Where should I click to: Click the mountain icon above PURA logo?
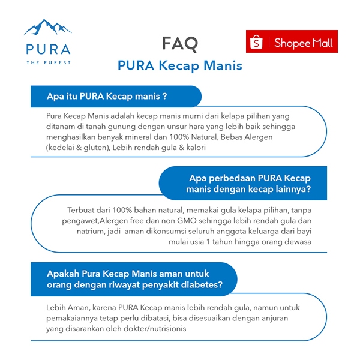pos(47,28)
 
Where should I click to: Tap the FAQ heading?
pos(179,43)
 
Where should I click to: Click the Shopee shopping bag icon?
pos(257,42)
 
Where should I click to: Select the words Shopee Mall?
pos(302,43)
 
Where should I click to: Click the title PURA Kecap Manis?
pos(180,65)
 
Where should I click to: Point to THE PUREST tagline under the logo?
pos(47,62)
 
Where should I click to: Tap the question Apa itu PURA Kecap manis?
pos(106,96)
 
